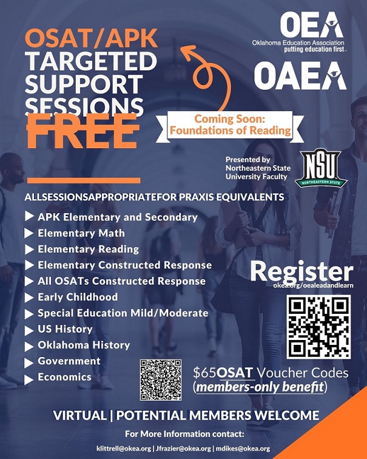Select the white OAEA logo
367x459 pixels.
click(300, 76)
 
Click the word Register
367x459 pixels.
click(301, 271)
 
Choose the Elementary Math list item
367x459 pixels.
click(81, 233)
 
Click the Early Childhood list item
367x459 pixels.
click(78, 297)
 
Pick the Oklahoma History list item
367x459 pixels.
click(84, 345)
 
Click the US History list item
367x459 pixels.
click(65, 329)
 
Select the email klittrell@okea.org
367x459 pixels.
click(123, 448)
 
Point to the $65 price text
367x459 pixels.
click(205, 373)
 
